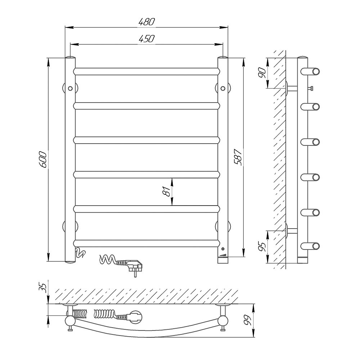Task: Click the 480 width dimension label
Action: click(x=147, y=22)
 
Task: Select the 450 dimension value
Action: click(x=147, y=39)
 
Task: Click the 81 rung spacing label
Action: click(x=167, y=191)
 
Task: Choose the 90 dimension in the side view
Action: click(x=262, y=73)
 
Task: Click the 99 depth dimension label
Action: click(x=248, y=320)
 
